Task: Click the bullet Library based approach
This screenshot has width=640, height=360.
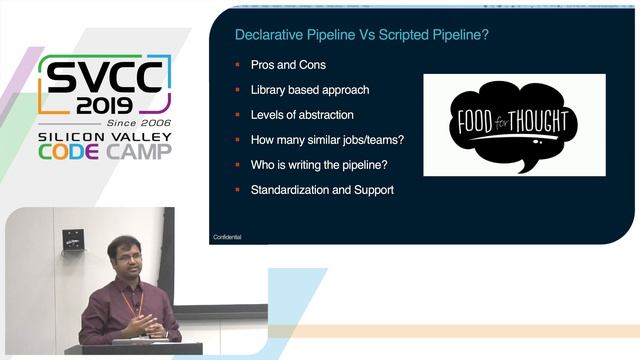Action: (x=309, y=90)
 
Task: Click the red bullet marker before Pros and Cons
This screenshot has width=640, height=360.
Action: (x=237, y=65)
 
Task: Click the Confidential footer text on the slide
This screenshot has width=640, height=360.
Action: (x=227, y=237)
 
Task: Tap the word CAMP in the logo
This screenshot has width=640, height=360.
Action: (x=140, y=151)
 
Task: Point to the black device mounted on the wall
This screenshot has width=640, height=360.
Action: (x=73, y=240)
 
